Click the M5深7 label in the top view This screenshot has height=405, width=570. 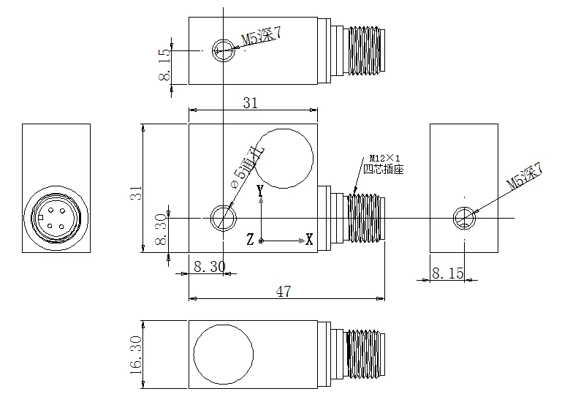pyautogui.click(x=262, y=37)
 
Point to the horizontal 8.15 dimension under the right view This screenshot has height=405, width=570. pyautogui.click(x=447, y=273)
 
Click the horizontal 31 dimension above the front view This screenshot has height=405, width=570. pyautogui.click(x=250, y=104)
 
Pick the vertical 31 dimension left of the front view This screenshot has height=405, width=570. pyautogui.click(x=134, y=194)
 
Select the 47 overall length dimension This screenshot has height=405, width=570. pyautogui.click(x=284, y=291)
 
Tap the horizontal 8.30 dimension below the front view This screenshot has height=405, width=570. pyautogui.click(x=209, y=268)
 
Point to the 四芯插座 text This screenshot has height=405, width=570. pyautogui.click(x=384, y=169)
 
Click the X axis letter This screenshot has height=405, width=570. pyautogui.click(x=309, y=239)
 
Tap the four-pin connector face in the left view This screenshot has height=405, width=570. pyautogui.click(x=56, y=217)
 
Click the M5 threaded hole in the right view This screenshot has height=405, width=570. pyautogui.click(x=464, y=218)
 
